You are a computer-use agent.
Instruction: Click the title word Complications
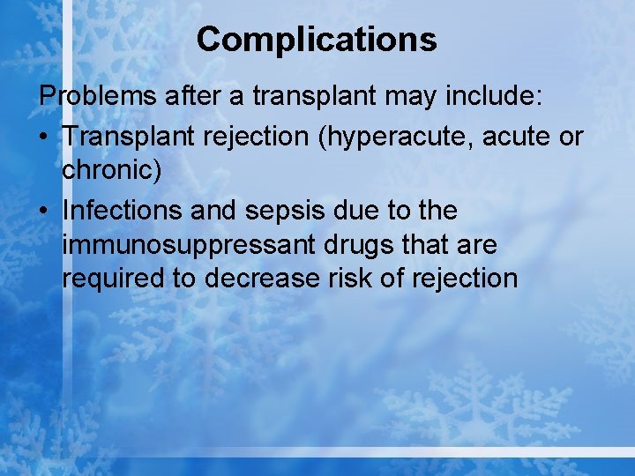tap(316, 40)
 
